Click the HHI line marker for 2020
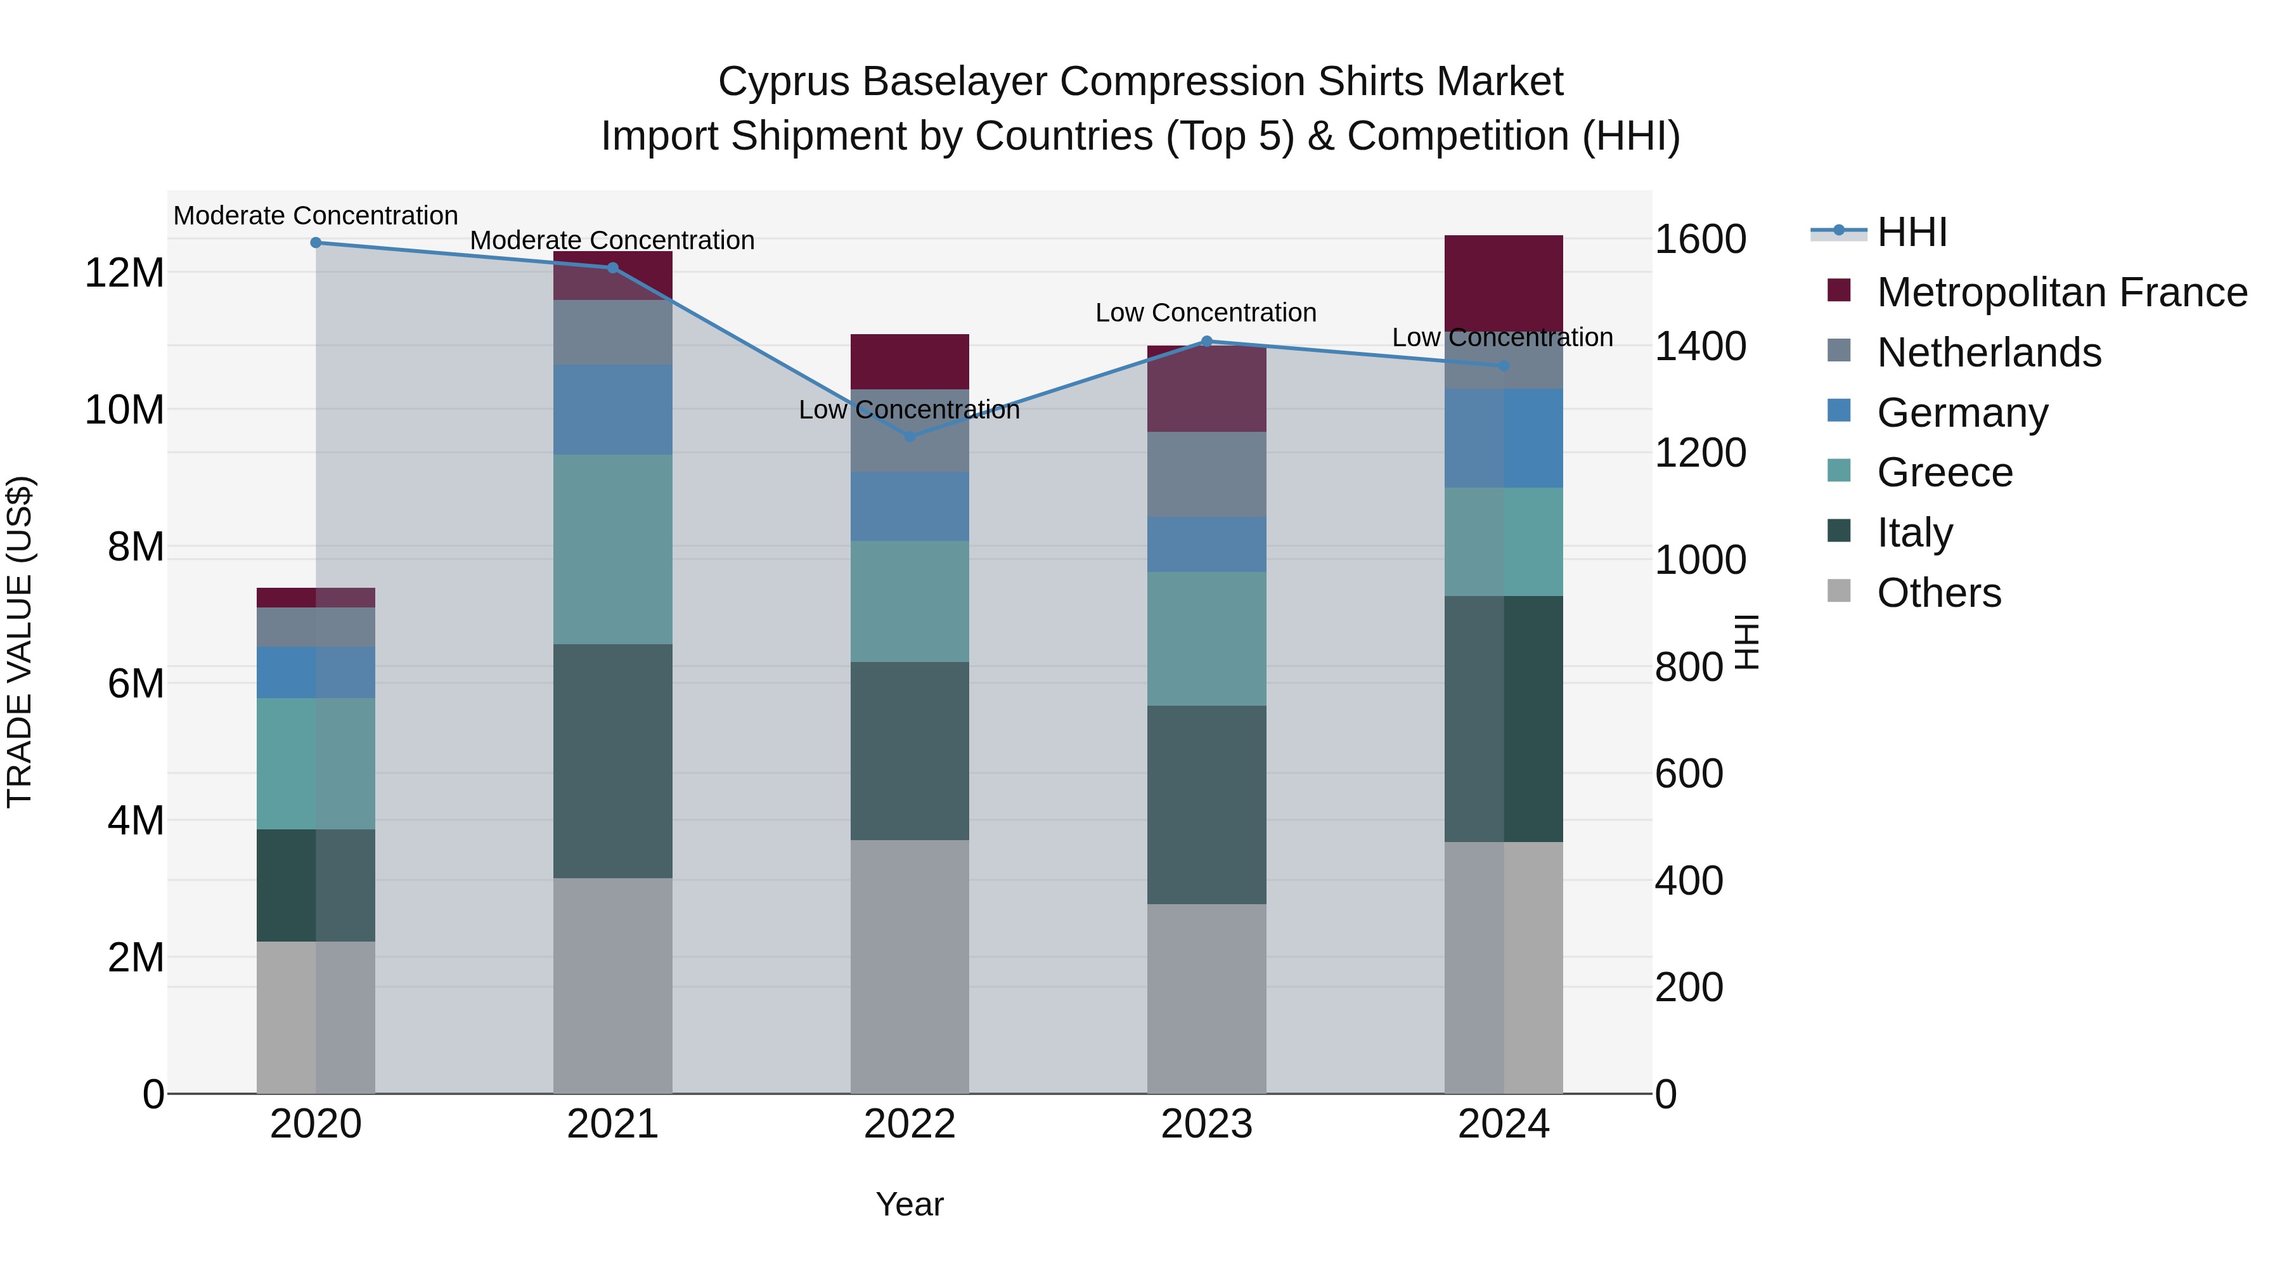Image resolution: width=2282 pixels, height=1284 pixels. [316, 243]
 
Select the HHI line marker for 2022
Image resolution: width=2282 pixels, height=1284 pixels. [910, 437]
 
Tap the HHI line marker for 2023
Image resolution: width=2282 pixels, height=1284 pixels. [1206, 341]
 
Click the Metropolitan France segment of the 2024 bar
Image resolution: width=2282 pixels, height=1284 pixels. [1504, 283]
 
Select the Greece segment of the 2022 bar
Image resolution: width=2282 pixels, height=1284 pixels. [910, 602]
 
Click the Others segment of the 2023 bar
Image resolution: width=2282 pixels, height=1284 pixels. [1206, 999]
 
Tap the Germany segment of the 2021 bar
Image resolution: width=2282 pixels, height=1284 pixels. [613, 410]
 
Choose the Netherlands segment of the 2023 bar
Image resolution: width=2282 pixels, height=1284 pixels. [1206, 475]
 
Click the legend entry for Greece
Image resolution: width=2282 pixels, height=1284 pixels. [1945, 472]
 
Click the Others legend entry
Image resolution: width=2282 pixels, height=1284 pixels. [1938, 593]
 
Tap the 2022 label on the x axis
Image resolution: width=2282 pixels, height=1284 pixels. [910, 1124]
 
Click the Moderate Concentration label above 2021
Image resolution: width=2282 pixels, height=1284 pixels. [612, 240]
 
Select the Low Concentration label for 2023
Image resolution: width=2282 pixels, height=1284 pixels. [1206, 313]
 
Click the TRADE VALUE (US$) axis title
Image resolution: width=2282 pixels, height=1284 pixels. [20, 642]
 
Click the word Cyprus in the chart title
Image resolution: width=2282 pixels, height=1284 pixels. [784, 82]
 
